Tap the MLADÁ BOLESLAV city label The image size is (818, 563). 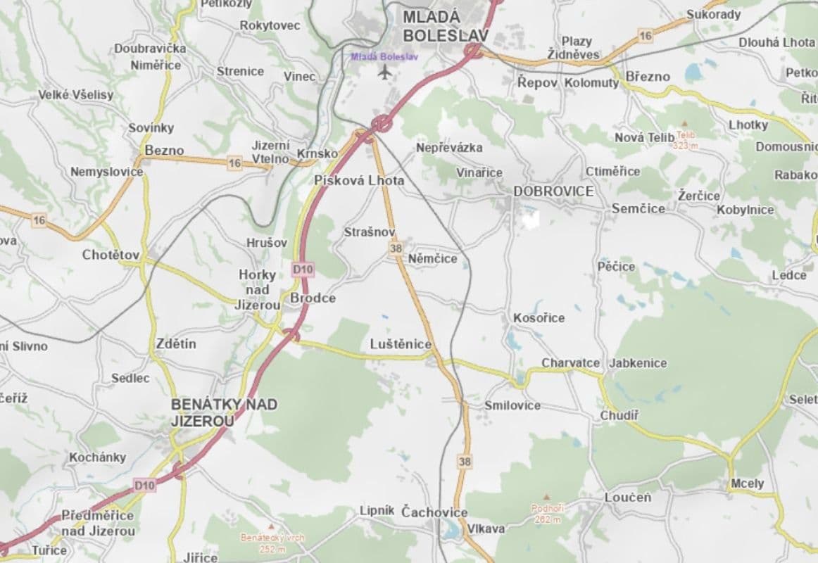click(x=430, y=25)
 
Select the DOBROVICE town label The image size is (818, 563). click(x=553, y=191)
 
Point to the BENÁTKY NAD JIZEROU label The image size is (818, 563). click(x=224, y=412)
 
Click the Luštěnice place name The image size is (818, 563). click(x=401, y=344)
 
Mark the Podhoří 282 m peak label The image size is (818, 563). click(x=547, y=513)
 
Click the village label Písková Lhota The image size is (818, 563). click(x=359, y=181)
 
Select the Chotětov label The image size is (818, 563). click(x=111, y=255)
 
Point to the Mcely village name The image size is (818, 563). click(x=747, y=483)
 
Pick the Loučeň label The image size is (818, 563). click(x=628, y=498)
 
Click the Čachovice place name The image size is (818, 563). click(x=434, y=512)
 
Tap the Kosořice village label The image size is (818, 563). click(x=539, y=318)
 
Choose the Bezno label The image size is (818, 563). click(x=164, y=151)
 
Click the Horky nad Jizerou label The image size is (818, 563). click(x=258, y=289)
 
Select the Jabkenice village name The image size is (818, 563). click(x=638, y=363)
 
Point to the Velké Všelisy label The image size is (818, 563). click(x=75, y=95)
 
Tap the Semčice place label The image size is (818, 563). click(x=638, y=209)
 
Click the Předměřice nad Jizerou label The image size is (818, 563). click(x=98, y=523)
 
